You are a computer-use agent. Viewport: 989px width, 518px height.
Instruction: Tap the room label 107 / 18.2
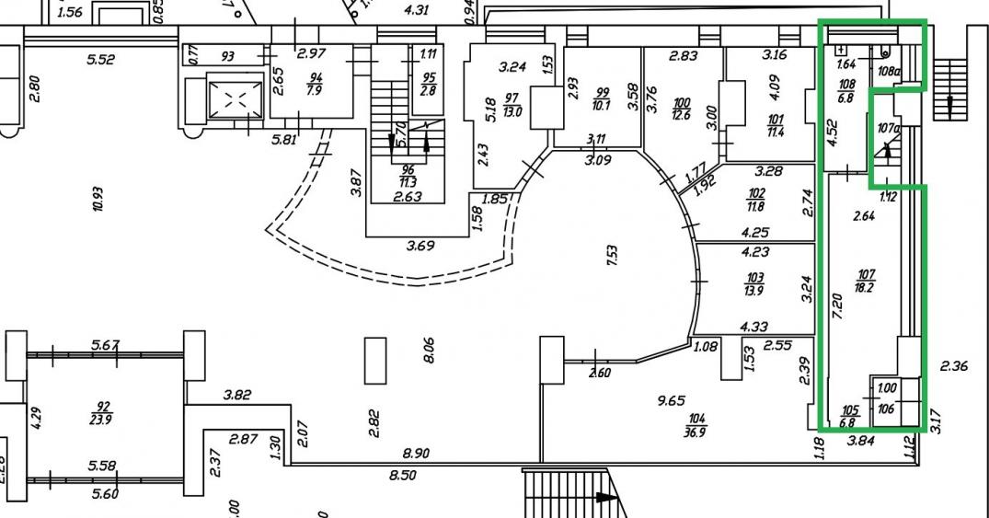coord(866,280)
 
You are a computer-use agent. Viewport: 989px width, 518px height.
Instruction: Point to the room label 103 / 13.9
coord(755,282)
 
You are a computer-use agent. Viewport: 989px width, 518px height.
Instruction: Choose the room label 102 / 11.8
coord(756,200)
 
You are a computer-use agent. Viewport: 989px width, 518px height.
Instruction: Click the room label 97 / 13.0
coord(512,106)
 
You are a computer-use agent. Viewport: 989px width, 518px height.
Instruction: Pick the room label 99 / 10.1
coord(603,98)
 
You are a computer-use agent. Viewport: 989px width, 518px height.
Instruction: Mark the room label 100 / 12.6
coord(682,108)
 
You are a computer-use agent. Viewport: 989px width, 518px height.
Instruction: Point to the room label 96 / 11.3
coord(408,174)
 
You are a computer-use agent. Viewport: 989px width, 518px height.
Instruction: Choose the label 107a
coord(887,129)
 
